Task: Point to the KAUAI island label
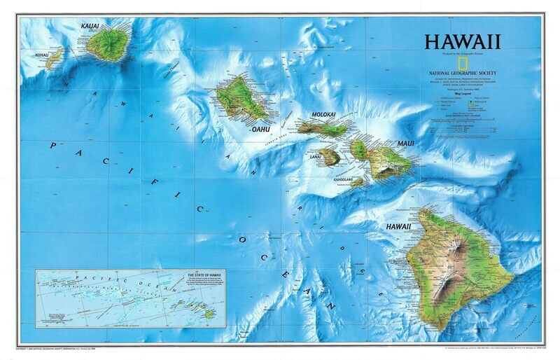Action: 90,27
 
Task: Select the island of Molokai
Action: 323,128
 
